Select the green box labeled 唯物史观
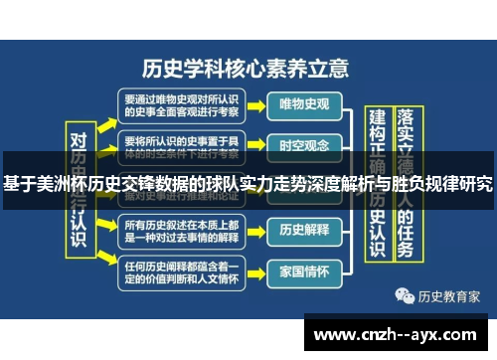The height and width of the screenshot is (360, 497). point(304,103)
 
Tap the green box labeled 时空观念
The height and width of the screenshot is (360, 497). point(304,145)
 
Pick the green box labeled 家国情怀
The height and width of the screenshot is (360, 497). point(304,269)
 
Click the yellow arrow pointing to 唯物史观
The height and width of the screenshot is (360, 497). point(254,103)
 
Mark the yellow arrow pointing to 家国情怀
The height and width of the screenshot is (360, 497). point(254,270)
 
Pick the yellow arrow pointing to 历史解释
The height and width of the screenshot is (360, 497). point(254,230)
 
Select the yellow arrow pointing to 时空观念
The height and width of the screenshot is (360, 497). point(254,145)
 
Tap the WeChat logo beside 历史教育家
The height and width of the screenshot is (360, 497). point(403,295)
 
